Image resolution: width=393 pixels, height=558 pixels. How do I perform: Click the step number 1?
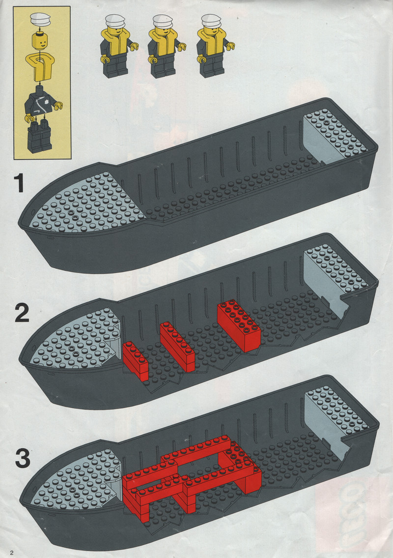(x=19, y=183)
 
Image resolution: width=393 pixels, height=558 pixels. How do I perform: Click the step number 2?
(x=22, y=313)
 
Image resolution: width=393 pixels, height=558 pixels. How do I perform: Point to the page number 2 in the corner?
(x=12, y=552)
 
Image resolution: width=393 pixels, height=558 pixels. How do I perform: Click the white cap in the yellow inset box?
(x=41, y=19)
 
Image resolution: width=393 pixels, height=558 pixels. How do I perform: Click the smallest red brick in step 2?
(x=136, y=361)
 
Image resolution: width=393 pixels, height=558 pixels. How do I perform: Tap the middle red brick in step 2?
(x=177, y=347)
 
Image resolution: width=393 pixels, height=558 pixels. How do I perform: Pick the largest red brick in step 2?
(x=239, y=325)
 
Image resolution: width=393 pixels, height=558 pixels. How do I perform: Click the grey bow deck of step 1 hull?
(x=85, y=202)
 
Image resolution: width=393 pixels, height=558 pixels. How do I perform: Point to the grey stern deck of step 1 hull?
(x=335, y=136)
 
